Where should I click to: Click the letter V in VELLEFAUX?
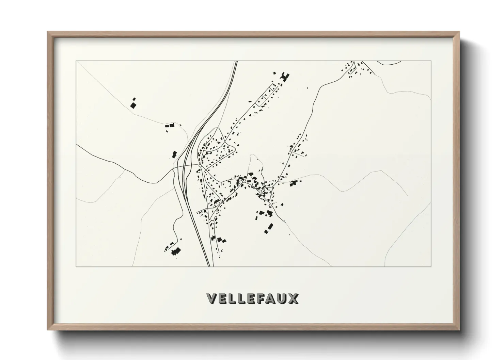click(x=212, y=298)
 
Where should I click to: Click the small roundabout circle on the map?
click(x=200, y=166)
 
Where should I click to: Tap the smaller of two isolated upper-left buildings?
click(x=134, y=99)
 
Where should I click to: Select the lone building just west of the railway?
click(x=174, y=154)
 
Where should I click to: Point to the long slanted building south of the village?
click(x=270, y=226)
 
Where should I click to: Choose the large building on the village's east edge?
click(x=293, y=183)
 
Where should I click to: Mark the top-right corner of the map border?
click(x=431, y=61)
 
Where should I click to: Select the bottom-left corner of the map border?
click(x=76, y=266)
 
